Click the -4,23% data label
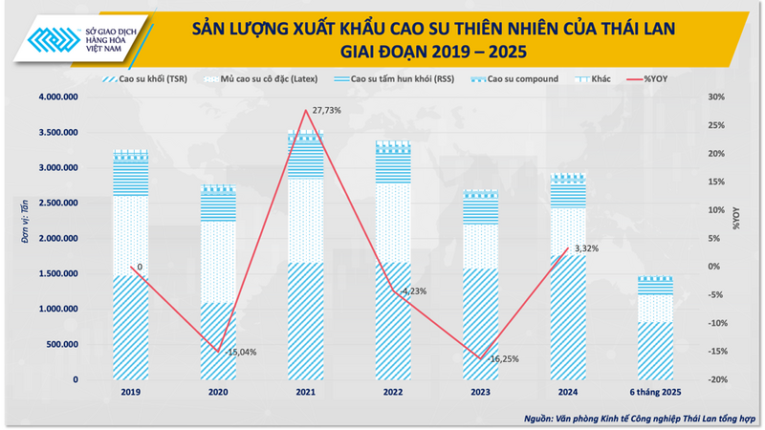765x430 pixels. point(414,290)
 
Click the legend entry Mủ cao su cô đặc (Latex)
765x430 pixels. point(258,79)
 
